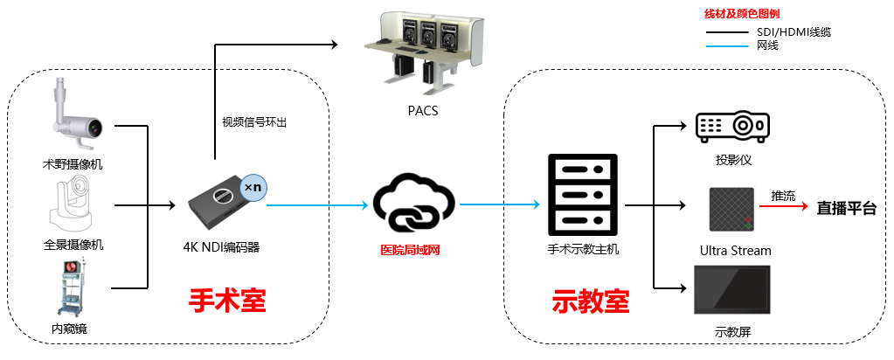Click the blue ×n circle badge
point(253,187)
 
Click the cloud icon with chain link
point(414,205)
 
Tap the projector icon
point(732,127)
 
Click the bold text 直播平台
point(846,208)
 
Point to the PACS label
point(423,111)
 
